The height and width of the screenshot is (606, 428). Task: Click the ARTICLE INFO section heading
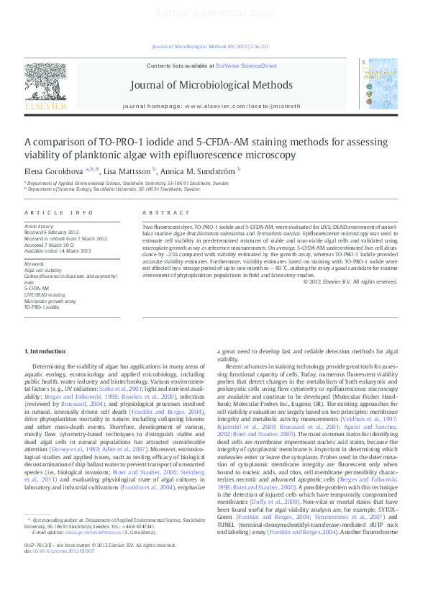pos(59,213)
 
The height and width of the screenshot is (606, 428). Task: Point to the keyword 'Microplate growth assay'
pos(50,301)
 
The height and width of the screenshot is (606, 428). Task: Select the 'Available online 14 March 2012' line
pos(58,251)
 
